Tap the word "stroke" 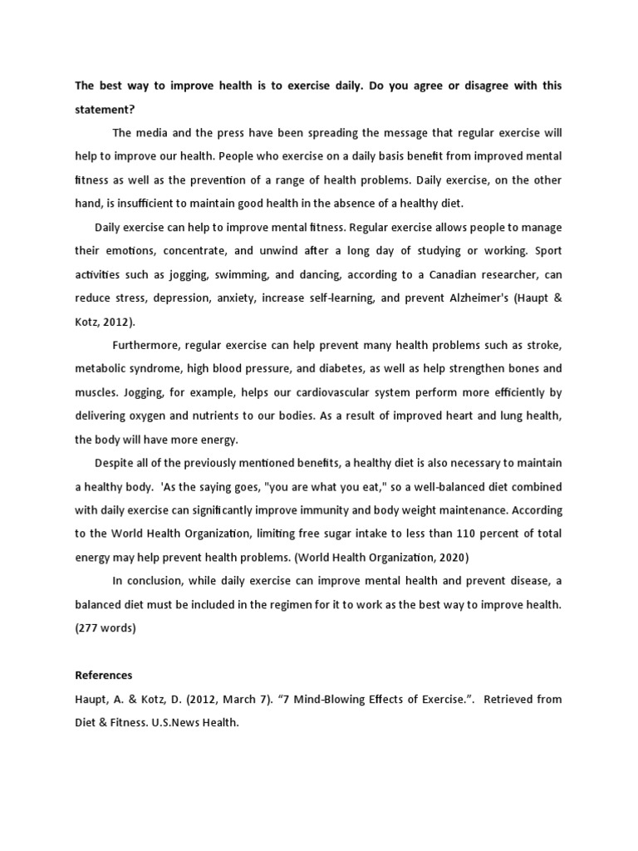click(x=544, y=344)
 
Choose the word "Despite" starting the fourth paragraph click(x=115, y=462)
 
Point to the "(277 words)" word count click(x=105, y=627)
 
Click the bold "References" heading click(x=103, y=675)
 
